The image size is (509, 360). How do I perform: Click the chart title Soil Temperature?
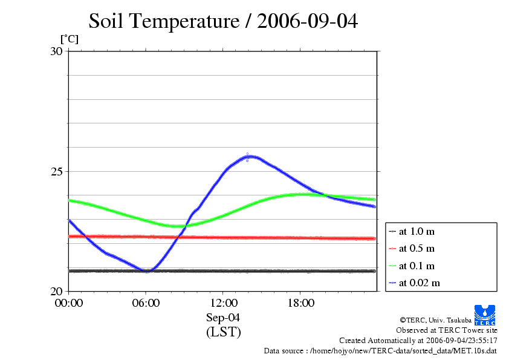tap(164, 21)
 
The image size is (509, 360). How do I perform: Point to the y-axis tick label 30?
tap(56, 51)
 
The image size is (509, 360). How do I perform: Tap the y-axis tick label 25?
tap(56, 172)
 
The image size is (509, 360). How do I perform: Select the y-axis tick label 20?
tap(56, 292)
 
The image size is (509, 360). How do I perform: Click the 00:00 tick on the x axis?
tap(68, 303)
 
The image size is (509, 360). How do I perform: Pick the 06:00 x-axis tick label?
tap(146, 303)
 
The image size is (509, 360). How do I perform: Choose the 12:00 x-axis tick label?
tap(224, 303)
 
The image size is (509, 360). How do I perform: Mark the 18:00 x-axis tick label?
tap(301, 303)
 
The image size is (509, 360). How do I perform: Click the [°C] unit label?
tap(70, 39)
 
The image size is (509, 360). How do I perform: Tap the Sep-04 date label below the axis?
tap(223, 318)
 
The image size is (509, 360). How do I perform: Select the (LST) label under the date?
tap(223, 332)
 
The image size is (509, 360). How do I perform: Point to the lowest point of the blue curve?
tap(147, 270)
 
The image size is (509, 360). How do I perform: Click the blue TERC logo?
tap(485, 315)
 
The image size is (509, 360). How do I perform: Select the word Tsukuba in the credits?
tap(459, 320)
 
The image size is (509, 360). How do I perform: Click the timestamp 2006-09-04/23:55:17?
tap(462, 341)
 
